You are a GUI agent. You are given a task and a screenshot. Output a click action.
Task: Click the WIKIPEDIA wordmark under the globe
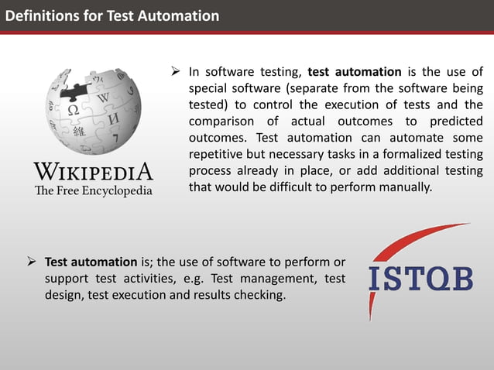93,171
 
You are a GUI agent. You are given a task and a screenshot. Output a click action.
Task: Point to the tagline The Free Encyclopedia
93,190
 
